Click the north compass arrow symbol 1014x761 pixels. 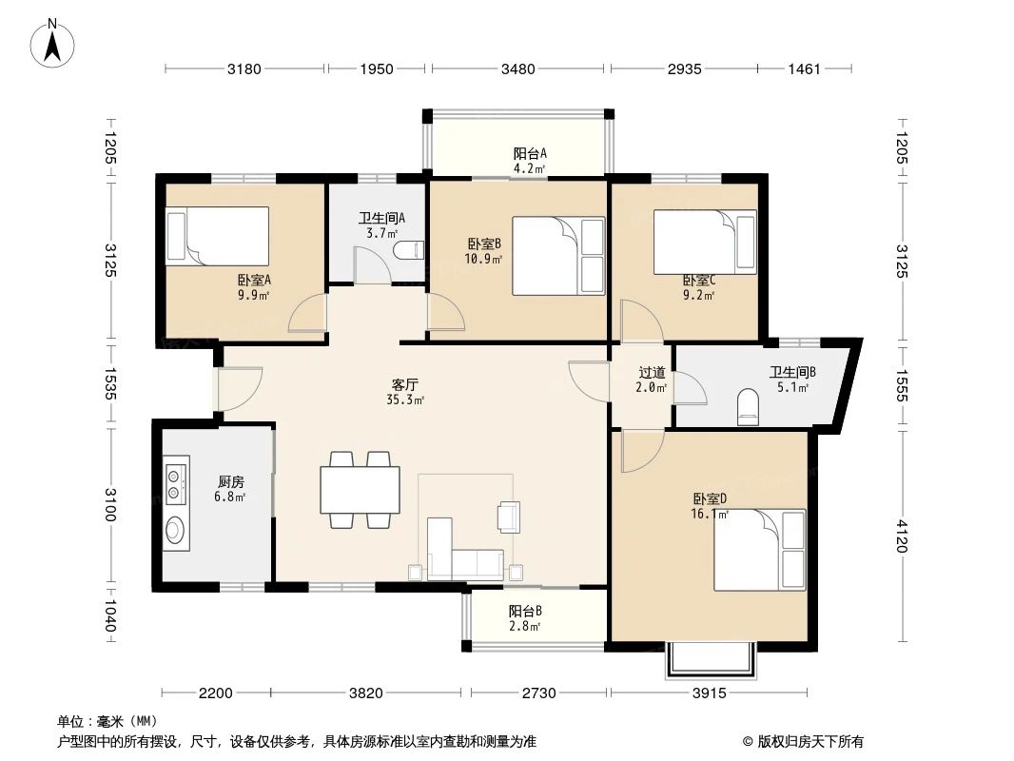56,44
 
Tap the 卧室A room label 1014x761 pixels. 254,286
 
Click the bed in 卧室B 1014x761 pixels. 558,256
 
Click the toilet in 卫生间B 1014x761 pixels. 748,407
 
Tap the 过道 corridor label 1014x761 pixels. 652,380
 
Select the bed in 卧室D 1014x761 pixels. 759,549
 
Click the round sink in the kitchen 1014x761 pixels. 176,529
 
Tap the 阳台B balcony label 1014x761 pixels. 525,618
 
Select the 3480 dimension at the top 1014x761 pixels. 518,68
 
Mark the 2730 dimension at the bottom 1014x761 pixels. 537,693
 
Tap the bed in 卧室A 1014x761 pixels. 218,235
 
